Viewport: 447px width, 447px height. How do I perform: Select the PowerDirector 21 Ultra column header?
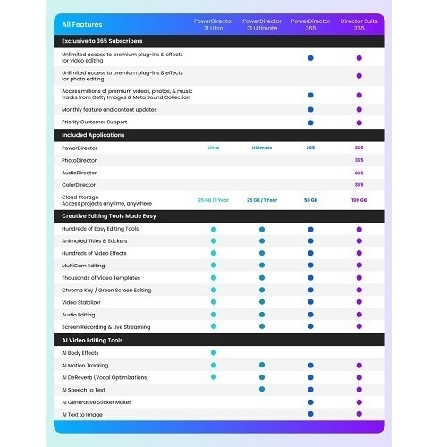(214, 23)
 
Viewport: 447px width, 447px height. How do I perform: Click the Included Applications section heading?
(95, 134)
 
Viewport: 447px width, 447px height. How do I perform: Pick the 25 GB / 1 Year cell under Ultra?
(214, 200)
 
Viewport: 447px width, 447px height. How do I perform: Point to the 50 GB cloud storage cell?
(310, 200)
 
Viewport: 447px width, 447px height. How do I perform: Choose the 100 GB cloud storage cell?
(359, 200)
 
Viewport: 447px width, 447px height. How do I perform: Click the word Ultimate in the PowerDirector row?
(262, 148)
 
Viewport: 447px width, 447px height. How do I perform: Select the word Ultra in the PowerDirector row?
(214, 148)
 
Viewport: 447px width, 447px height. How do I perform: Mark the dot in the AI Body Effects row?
(214, 352)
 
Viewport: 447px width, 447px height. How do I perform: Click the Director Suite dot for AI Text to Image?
(359, 414)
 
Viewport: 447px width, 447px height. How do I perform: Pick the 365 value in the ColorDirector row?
(359, 185)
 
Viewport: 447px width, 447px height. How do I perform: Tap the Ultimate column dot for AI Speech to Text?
(262, 389)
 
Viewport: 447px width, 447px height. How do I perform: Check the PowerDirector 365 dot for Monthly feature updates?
(310, 109)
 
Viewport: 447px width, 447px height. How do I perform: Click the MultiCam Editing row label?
(83, 266)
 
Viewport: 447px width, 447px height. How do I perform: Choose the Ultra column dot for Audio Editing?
(214, 314)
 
